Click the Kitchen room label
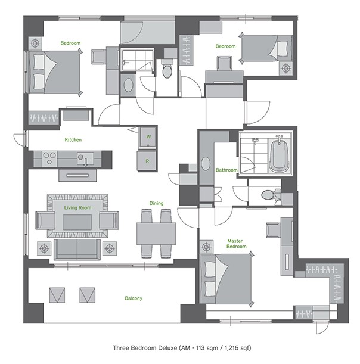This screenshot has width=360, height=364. coord(73,139)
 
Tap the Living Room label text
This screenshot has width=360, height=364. coord(77,207)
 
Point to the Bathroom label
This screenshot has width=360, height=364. coord(226,170)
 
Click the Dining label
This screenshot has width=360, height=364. coord(156,203)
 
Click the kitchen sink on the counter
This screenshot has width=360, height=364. coord(83,158)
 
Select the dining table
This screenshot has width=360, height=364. coord(156,231)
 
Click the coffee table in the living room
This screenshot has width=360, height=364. coord(77,222)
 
